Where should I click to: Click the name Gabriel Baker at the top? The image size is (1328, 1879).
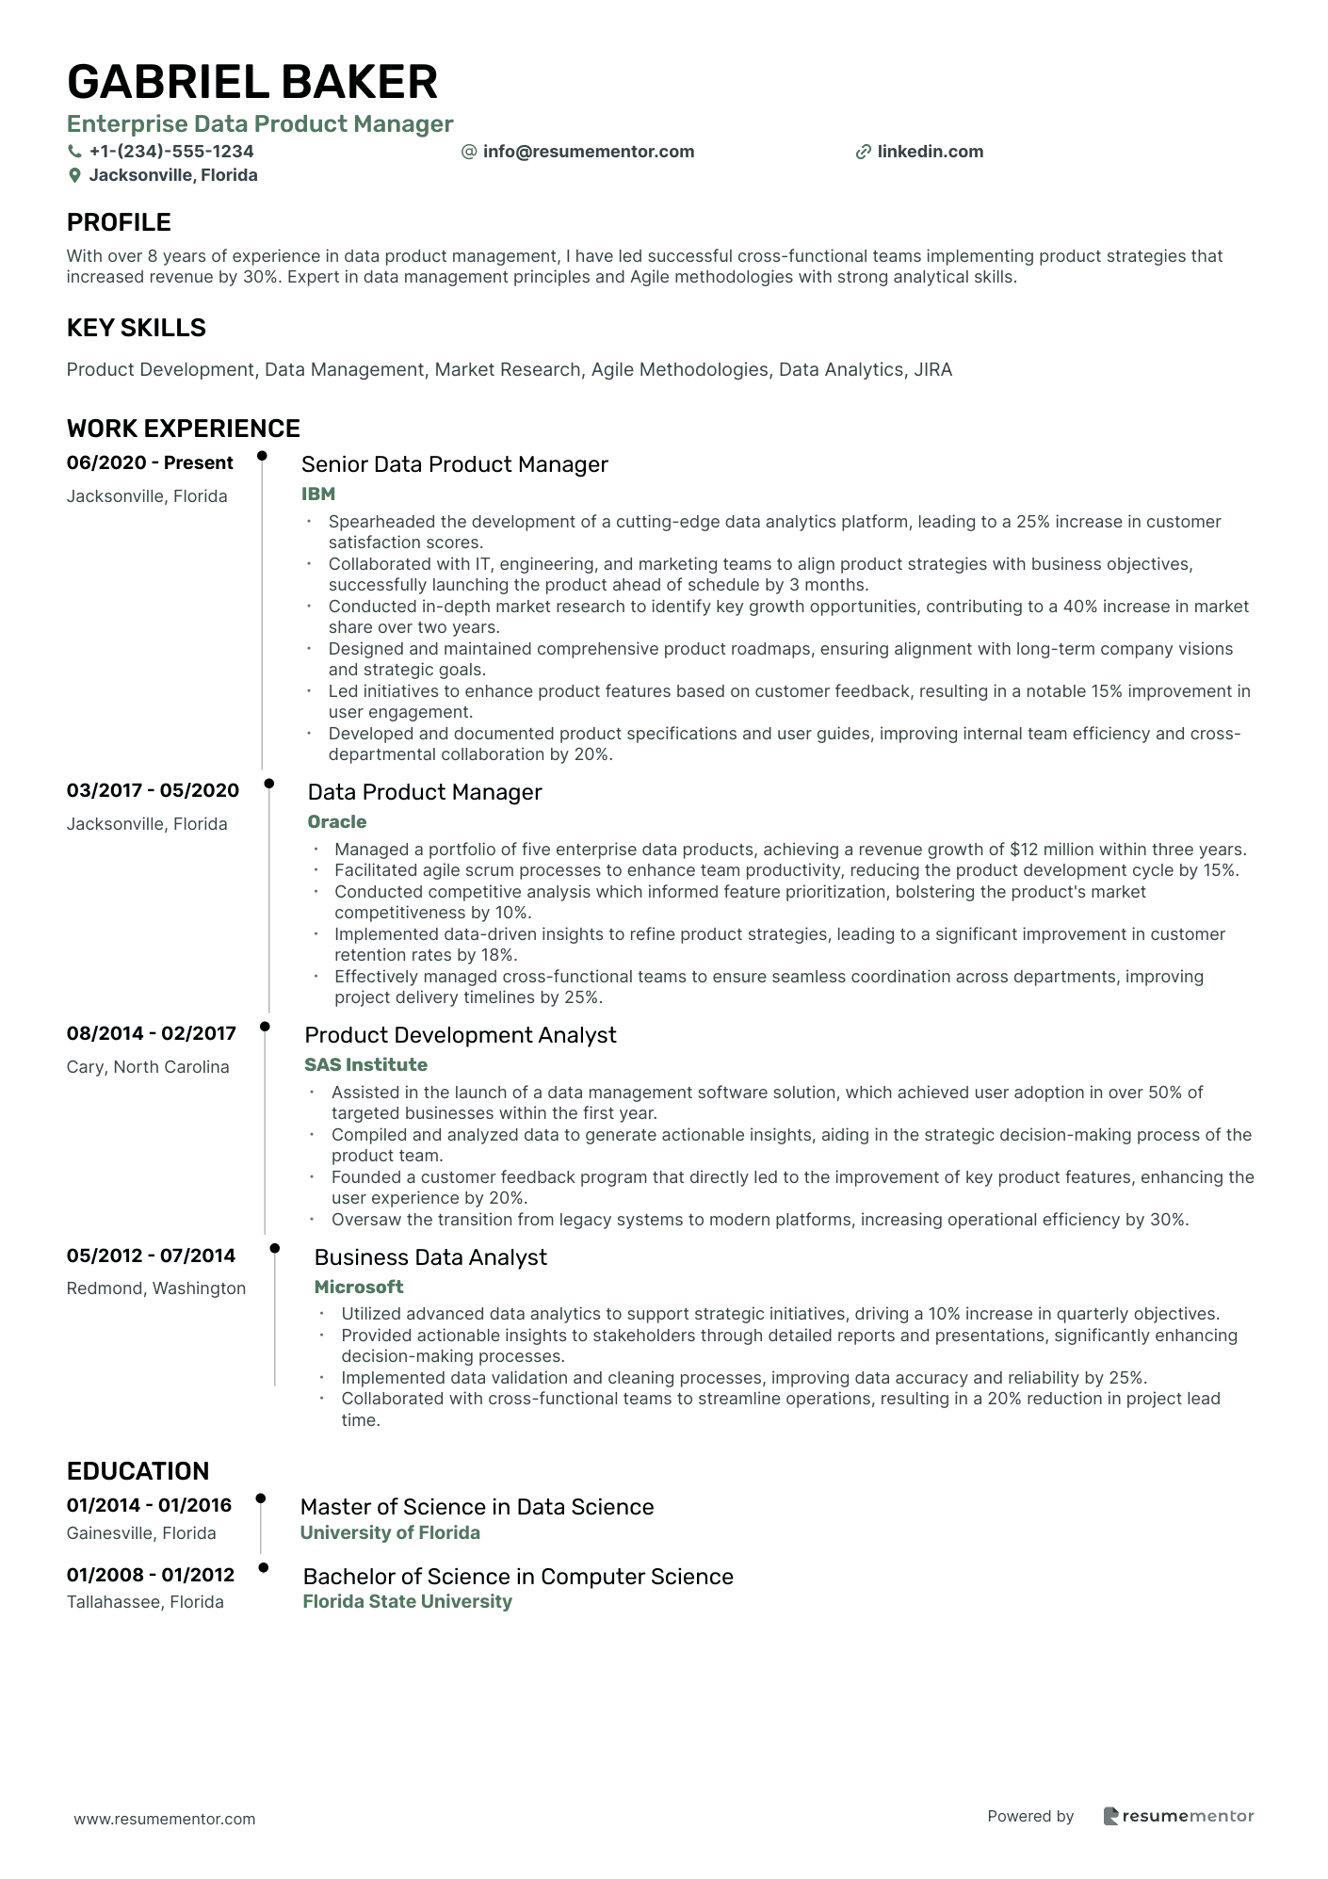pyautogui.click(x=252, y=82)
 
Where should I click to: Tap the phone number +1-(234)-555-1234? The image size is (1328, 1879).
pyautogui.click(x=170, y=152)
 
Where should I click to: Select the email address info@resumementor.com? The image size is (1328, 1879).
pyautogui.click(x=588, y=152)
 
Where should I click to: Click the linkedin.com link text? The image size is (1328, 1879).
pyautogui.click(x=930, y=152)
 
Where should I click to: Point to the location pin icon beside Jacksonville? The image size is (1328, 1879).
pyautogui.click(x=74, y=176)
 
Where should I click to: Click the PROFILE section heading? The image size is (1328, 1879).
pyautogui.click(x=119, y=222)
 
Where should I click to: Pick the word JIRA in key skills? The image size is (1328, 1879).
pyautogui.click(x=933, y=370)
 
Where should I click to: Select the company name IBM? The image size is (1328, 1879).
pyautogui.click(x=318, y=494)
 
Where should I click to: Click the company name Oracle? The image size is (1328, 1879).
pyautogui.click(x=337, y=822)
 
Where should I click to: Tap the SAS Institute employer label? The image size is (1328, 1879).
pyautogui.click(x=365, y=1065)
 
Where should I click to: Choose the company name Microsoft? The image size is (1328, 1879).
pyautogui.click(x=359, y=1288)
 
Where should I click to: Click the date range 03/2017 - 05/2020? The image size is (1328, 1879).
pyautogui.click(x=153, y=791)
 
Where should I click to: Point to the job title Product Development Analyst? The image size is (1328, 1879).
pyautogui.click(x=461, y=1035)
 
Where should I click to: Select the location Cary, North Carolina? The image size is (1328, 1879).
pyautogui.click(x=148, y=1067)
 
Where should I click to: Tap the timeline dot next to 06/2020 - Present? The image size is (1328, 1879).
pyautogui.click(x=262, y=457)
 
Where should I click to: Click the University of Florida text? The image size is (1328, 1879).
pyautogui.click(x=390, y=1533)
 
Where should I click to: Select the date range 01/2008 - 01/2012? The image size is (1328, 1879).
pyautogui.click(x=151, y=1576)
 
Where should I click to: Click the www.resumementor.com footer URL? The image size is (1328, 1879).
pyautogui.click(x=165, y=1820)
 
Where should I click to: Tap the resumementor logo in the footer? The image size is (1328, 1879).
pyautogui.click(x=1178, y=1817)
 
